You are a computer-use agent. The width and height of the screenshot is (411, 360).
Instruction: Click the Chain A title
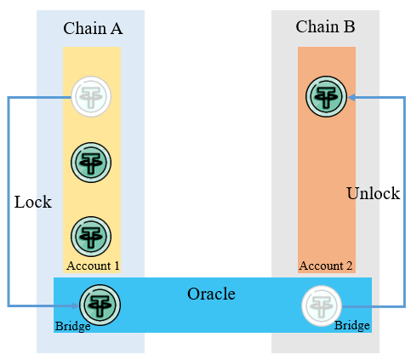(93, 28)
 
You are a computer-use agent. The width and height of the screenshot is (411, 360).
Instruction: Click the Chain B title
(325, 26)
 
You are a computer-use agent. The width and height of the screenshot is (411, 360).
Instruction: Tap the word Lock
(33, 202)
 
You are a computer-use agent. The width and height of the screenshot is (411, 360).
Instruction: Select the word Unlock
(374, 193)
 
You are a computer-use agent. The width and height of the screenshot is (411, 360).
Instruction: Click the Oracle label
(211, 294)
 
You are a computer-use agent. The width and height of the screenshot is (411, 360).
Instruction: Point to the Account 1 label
(93, 266)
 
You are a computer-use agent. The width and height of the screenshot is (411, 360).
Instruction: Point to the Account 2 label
(326, 266)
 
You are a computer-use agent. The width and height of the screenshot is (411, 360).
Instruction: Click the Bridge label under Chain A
(72, 326)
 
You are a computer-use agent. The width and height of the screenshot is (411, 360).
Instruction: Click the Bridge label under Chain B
(352, 325)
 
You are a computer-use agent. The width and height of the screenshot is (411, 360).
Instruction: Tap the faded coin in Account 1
(91, 96)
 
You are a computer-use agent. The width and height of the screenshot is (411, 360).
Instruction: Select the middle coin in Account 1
(91, 163)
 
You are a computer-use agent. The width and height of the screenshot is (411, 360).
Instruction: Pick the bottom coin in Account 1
(91, 237)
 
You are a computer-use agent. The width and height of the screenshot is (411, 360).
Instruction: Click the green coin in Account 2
(326, 96)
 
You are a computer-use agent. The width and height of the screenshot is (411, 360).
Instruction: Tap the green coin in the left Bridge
(100, 306)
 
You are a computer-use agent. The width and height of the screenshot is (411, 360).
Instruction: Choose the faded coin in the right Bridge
(322, 306)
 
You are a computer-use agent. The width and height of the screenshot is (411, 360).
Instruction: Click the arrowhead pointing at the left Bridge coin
(75, 306)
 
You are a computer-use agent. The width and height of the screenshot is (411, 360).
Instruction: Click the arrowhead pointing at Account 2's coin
(351, 98)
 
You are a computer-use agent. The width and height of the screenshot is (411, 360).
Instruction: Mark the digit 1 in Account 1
(117, 266)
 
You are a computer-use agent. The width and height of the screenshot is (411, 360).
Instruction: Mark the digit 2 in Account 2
(349, 266)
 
